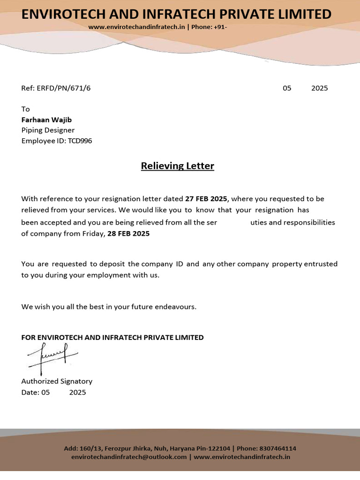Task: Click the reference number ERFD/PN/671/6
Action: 64,88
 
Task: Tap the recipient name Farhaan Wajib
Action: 46,120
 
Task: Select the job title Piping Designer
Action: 48,130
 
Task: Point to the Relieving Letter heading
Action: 177,166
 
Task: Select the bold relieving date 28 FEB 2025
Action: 128,233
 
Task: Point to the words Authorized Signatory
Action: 57,381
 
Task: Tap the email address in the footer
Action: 129,457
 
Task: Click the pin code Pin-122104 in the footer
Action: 212,449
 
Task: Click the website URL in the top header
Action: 136,27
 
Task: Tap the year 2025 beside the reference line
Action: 319,88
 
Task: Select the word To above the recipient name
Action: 25,109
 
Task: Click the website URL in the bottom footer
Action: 242,457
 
